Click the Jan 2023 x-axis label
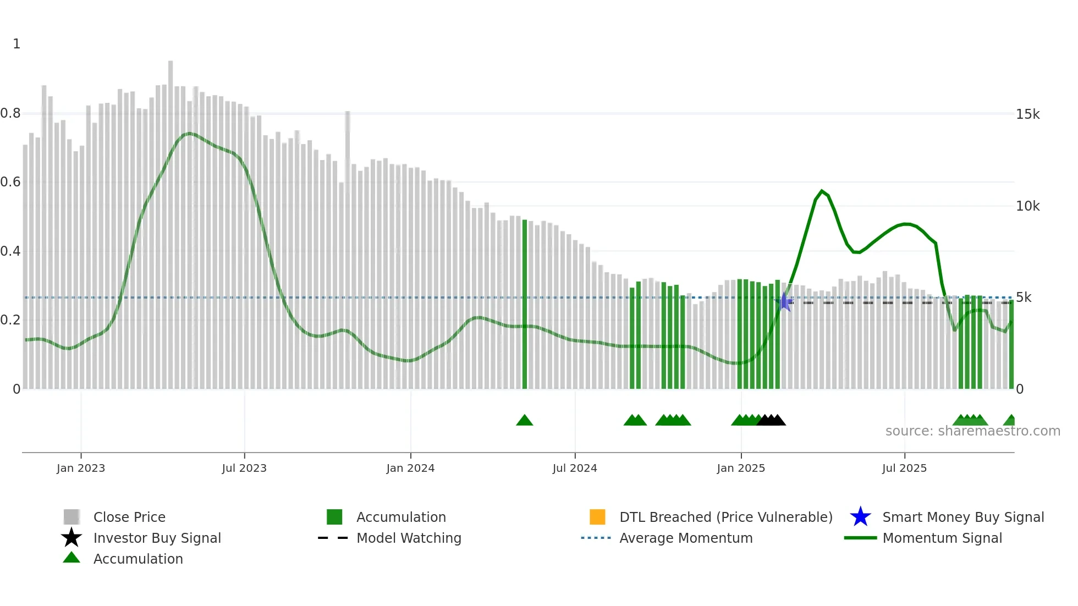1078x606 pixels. point(80,468)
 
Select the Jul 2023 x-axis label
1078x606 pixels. point(244,468)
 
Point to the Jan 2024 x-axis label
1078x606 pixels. point(410,468)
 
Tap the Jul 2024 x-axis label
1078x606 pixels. point(575,468)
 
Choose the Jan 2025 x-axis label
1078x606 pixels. point(741,468)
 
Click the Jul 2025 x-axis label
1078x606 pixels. point(904,468)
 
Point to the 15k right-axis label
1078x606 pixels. point(1028,114)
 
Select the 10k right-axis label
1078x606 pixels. point(1028,206)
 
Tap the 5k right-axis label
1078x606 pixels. point(1024,298)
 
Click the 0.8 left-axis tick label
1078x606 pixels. point(10,113)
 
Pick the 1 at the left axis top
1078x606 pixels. point(16,44)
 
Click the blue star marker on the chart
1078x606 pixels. point(785,302)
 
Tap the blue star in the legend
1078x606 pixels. point(860,517)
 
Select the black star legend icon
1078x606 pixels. point(71,538)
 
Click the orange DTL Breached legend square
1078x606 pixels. point(597,517)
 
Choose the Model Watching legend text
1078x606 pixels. point(409,538)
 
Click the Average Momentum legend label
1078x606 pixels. point(686,538)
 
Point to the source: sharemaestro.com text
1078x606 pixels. point(972,431)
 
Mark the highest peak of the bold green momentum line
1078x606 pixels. point(822,191)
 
